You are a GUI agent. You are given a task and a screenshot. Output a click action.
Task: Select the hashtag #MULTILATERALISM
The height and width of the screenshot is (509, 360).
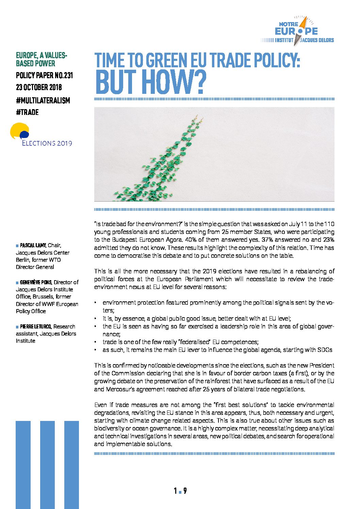[x=43, y=101]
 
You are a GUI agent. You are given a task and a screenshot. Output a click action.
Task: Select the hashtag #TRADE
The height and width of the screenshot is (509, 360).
[x=27, y=113]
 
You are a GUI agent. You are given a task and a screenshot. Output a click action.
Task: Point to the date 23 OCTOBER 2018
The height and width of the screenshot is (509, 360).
[x=39, y=87]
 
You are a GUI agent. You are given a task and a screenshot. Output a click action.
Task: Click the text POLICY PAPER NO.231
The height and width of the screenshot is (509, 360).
[x=44, y=75]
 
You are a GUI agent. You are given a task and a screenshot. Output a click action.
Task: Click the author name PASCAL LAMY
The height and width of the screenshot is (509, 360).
[x=33, y=245]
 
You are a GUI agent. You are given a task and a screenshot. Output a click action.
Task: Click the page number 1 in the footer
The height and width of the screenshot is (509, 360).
[x=175, y=491]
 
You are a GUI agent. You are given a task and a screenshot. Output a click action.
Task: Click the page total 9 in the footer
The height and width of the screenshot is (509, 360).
[x=185, y=491]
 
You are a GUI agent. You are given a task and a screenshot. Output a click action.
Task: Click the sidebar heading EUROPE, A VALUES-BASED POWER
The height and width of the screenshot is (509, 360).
[x=41, y=59]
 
